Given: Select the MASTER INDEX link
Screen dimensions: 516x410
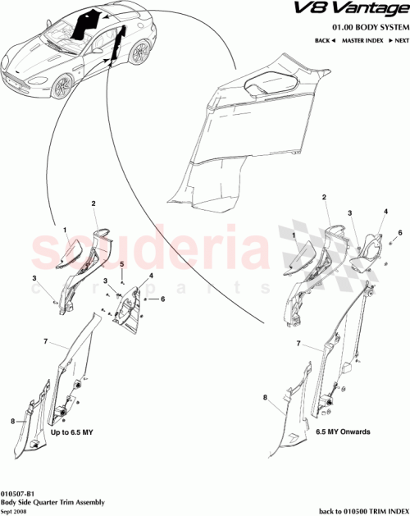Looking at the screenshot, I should tap(364, 39).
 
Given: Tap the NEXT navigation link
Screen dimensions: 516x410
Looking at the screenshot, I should tap(398, 39).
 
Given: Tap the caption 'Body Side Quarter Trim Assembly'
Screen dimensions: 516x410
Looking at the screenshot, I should tap(51, 497).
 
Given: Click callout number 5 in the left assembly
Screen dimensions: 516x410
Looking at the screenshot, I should tap(121, 264).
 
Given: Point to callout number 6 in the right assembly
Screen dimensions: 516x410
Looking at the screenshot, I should tap(400, 233).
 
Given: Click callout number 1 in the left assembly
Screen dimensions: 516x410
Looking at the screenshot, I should tap(65, 231).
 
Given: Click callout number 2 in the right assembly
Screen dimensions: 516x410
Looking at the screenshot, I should tap(326, 198).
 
